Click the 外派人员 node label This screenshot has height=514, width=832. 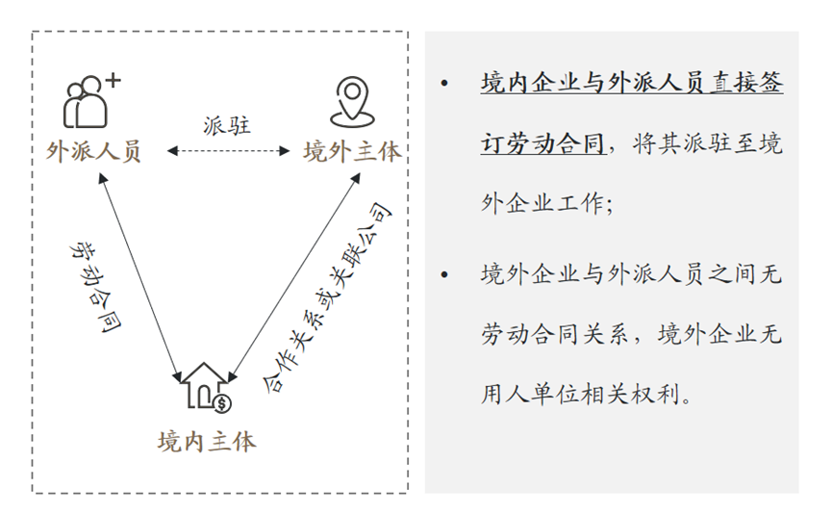[x=93, y=151]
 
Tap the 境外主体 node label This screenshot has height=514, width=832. [x=352, y=151]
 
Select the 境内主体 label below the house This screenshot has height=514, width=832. [x=207, y=442]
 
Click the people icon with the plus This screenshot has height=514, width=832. [x=91, y=101]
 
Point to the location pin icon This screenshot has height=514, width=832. [x=352, y=102]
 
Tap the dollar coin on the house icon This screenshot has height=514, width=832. [x=222, y=404]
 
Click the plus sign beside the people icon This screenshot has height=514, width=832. [x=113, y=81]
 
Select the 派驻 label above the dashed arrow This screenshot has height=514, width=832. [x=227, y=125]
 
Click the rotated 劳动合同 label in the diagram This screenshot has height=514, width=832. [x=95, y=287]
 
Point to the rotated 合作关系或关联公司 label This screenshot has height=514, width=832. [x=327, y=297]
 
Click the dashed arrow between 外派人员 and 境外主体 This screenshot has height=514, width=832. [x=228, y=151]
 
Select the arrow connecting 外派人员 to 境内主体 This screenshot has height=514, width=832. [x=140, y=278]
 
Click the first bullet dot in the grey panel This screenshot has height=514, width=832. [x=444, y=84]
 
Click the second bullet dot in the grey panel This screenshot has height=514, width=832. [x=444, y=274]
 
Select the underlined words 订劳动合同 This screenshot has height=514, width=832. [x=543, y=143]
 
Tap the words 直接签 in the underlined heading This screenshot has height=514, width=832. [x=746, y=83]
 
